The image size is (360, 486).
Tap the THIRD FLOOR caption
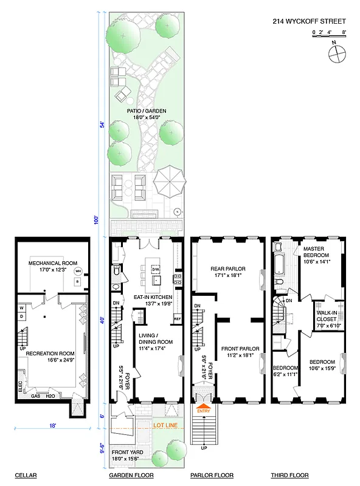click(x=289, y=475)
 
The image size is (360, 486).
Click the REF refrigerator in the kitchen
click(x=177, y=318)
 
